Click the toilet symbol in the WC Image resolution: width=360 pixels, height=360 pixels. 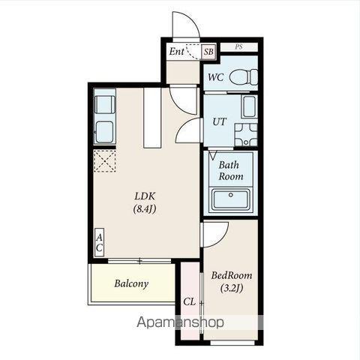pyautogui.click(x=244, y=77)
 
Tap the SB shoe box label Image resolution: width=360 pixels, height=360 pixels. pyautogui.click(x=208, y=52)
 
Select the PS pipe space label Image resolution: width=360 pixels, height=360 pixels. pyautogui.click(x=238, y=47)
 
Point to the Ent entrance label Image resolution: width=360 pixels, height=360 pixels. pyautogui.click(x=177, y=52)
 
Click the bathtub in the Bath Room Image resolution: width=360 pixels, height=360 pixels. pyautogui.click(x=230, y=199)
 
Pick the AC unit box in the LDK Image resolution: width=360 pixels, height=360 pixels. pyautogui.click(x=99, y=242)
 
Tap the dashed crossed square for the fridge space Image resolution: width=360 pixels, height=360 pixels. pyautogui.click(x=105, y=160)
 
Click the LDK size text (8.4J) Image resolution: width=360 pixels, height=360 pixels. pyautogui.click(x=145, y=209)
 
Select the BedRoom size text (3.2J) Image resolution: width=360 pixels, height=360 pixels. pyautogui.click(x=232, y=288)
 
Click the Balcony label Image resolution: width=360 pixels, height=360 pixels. pyautogui.click(x=131, y=283)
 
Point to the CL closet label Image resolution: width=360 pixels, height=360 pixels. pyautogui.click(x=189, y=301)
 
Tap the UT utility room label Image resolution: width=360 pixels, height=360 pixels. pyautogui.click(x=219, y=121)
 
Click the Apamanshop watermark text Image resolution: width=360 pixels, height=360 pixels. pyautogui.click(x=180, y=322)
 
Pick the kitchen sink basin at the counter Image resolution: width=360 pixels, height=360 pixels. pyautogui.click(x=104, y=132)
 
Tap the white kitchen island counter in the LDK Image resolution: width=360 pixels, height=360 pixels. pyautogui.click(x=152, y=118)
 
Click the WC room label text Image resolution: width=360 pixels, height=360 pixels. pyautogui.click(x=216, y=77)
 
